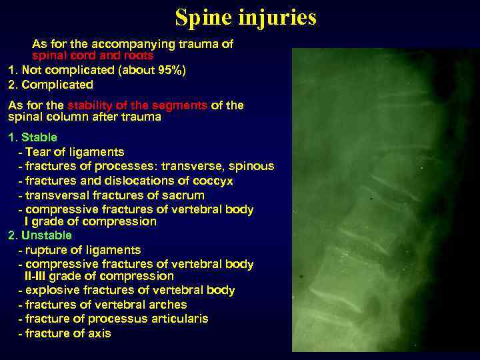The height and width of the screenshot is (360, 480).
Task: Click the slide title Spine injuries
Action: point(245,17)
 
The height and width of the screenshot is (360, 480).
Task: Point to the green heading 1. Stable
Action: point(33,137)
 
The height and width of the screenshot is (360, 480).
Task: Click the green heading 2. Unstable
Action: point(40,235)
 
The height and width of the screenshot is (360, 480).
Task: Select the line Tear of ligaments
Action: point(75,152)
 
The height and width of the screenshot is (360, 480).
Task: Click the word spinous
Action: point(252,166)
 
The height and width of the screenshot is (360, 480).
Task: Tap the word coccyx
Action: point(214,181)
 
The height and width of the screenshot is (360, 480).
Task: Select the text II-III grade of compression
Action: point(99,276)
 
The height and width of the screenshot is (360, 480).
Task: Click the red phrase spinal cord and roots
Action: point(93,56)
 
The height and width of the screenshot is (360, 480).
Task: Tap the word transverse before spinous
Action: point(189,166)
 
